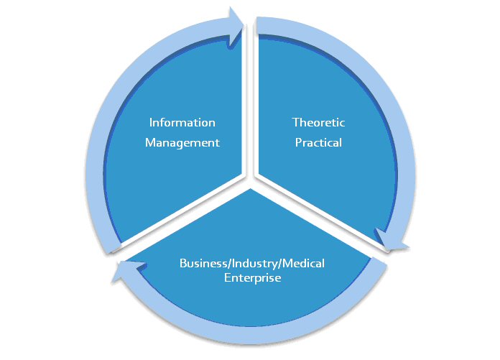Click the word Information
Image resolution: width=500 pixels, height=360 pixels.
pos(182,123)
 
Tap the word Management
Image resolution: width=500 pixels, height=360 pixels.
pos(182,142)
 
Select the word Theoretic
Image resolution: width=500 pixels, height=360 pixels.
pos(318,123)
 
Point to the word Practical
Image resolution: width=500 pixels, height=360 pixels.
pos(318,142)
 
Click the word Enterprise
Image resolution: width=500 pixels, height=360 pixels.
pos(251,277)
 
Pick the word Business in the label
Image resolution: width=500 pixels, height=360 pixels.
pos(200,263)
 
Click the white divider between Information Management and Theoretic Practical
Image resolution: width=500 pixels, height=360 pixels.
pos(251,108)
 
